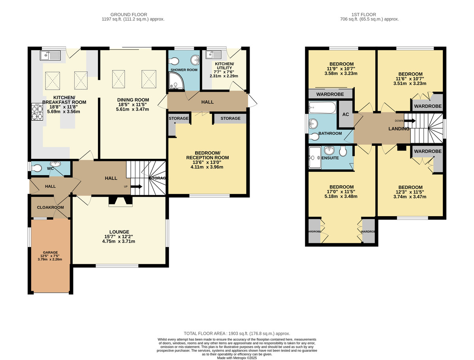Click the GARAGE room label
pyautogui.click(x=50, y=252)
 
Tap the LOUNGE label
pyautogui.click(x=119, y=232)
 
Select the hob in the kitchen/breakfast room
pyautogui.click(x=38, y=111)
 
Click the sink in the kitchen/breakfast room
pyautogui.click(x=50, y=55)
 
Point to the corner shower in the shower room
pyautogui.click(x=176, y=81)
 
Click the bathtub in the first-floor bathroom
pyautogui.click(x=322, y=107)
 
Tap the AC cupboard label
pyautogui.click(x=346, y=114)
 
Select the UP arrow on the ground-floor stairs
pyautogui.click(x=136, y=187)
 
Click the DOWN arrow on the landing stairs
pyautogui.click(x=410, y=121)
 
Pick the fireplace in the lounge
pyautogui.click(x=120, y=201)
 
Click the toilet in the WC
pyautogui.click(x=36, y=168)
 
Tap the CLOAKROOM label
pyautogui.click(x=50, y=207)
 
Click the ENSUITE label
pyautogui.click(x=330, y=158)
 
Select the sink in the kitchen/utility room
pyautogui.click(x=213, y=55)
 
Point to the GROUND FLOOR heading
pyautogui.click(x=129, y=15)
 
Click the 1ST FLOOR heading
pyautogui.click(x=364, y=15)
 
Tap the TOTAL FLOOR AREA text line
pyautogui.click(x=237, y=334)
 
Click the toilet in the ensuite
pyautogui.click(x=343, y=151)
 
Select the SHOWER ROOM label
pyautogui.click(x=184, y=70)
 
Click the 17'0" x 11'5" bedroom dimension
pyautogui.click(x=342, y=192)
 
